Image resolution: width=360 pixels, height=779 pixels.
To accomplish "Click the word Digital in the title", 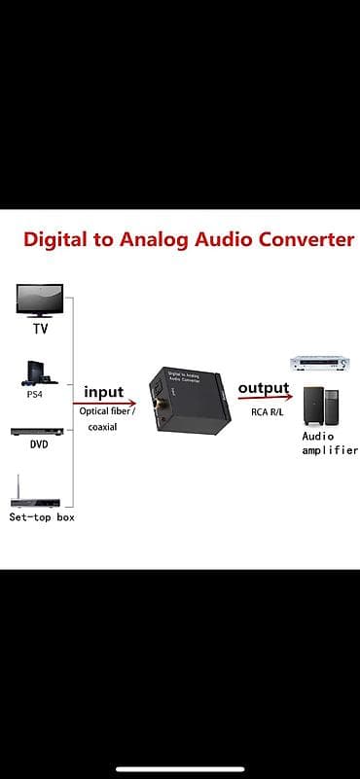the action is click(54, 240).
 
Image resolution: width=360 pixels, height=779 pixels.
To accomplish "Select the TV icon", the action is click(40, 301).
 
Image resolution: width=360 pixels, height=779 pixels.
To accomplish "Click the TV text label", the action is click(40, 329).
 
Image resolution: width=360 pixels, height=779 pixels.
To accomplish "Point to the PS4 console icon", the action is click(39, 373).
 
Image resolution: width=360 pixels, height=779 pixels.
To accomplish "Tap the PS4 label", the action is click(35, 396).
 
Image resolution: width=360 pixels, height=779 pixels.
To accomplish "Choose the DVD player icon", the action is click(37, 431).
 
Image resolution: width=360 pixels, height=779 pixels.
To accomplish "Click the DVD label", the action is click(39, 444).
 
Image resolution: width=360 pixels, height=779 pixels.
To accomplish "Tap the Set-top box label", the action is click(42, 517).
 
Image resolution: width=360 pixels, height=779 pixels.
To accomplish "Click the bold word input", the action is click(103, 392).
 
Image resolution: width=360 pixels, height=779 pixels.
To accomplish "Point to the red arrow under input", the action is click(104, 404).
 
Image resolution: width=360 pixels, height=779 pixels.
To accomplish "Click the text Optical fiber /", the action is click(107, 411).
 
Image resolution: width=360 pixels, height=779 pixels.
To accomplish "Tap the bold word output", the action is click(264, 387).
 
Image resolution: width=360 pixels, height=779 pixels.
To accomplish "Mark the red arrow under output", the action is click(265, 398).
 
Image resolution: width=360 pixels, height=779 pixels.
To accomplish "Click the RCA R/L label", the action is click(268, 411).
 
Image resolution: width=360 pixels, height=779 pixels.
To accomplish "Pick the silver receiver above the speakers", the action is click(320, 363).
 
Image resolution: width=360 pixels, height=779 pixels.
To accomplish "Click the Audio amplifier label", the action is click(330, 443).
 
